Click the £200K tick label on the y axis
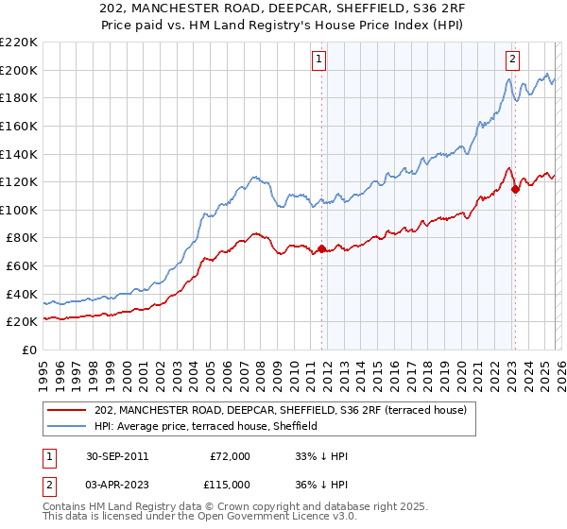coord(19,70)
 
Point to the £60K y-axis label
coord(22,266)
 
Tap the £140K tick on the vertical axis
coord(19,154)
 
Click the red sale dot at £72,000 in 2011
coord(322,249)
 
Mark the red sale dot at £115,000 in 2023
coord(515,189)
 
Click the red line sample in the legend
coord(68,409)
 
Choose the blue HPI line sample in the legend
coord(68,426)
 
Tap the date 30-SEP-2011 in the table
coord(115,456)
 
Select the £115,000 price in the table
coord(230,485)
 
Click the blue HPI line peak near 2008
coord(254,176)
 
